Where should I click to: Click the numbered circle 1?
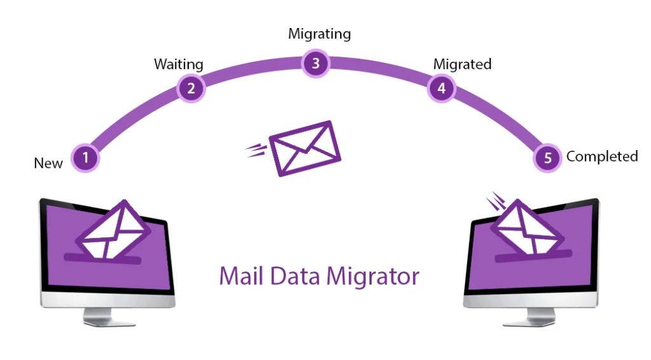[86, 158]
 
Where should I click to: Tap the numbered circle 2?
[191, 88]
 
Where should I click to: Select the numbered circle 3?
[315, 63]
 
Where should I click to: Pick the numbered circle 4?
[441, 88]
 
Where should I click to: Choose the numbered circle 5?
[548, 158]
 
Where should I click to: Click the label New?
[48, 163]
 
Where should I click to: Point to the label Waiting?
[179, 64]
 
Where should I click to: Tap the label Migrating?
[319, 33]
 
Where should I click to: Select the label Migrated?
[462, 64]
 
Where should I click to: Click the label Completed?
[601, 156]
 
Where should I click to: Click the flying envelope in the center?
[305, 148]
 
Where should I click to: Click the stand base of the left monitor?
[108, 321]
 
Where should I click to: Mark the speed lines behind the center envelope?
[256, 150]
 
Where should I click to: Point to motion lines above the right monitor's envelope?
[494, 202]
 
